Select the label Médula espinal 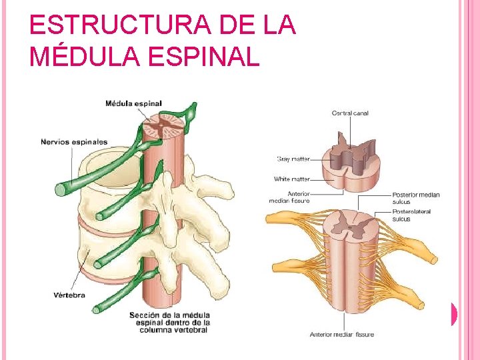pos(133,103)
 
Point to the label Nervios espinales pos(74,142)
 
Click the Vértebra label pos(69,295)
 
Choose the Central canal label pos(350,113)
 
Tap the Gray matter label pos(293,159)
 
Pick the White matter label pos(292,179)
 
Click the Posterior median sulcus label pos(415,198)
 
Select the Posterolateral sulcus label pos(411,215)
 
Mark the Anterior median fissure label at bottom pos(341,335)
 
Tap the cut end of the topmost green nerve pos(61,190)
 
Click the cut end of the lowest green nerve pos(97,309)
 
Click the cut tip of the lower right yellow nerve pos(419,305)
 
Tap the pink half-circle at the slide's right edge pos(453,314)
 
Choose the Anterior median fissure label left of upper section pos(289,197)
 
